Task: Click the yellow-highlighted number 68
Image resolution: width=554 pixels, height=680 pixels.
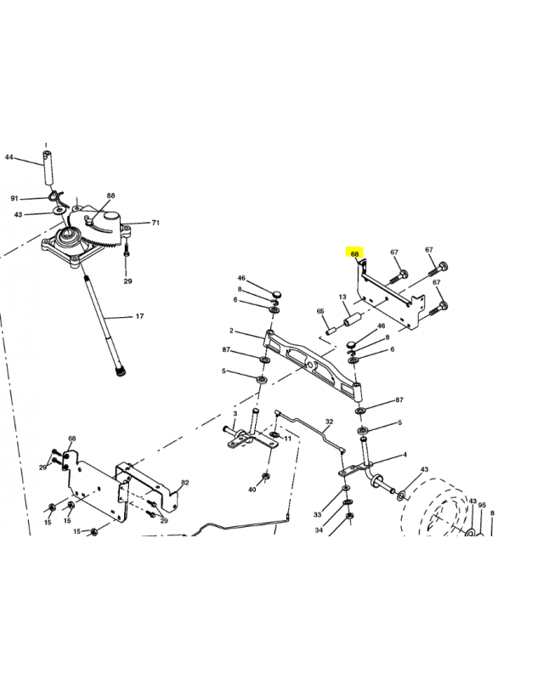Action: point(355,254)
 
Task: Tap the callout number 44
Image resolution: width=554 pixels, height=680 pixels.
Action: point(9,157)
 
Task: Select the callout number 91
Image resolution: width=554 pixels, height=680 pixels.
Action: point(14,199)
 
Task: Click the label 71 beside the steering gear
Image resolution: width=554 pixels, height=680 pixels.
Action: point(155,223)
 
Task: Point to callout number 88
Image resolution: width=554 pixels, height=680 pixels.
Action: point(111,195)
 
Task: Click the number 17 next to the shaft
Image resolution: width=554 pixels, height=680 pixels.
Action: point(139,316)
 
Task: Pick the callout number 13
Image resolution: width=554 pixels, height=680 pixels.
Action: point(342,297)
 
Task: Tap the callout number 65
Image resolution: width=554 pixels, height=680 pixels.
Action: point(320,311)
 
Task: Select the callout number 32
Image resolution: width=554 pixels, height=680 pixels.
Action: point(330,422)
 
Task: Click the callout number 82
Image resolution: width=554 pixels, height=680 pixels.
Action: point(185,483)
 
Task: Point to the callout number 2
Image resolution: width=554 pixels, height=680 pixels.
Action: point(231,331)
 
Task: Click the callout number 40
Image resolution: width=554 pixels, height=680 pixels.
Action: point(252,490)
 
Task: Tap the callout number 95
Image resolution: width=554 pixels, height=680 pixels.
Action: point(482,505)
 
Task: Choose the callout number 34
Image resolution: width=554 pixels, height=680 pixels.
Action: point(319,530)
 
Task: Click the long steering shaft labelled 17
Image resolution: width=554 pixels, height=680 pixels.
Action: point(104,325)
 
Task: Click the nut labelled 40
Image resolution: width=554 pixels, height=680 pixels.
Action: point(264,477)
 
